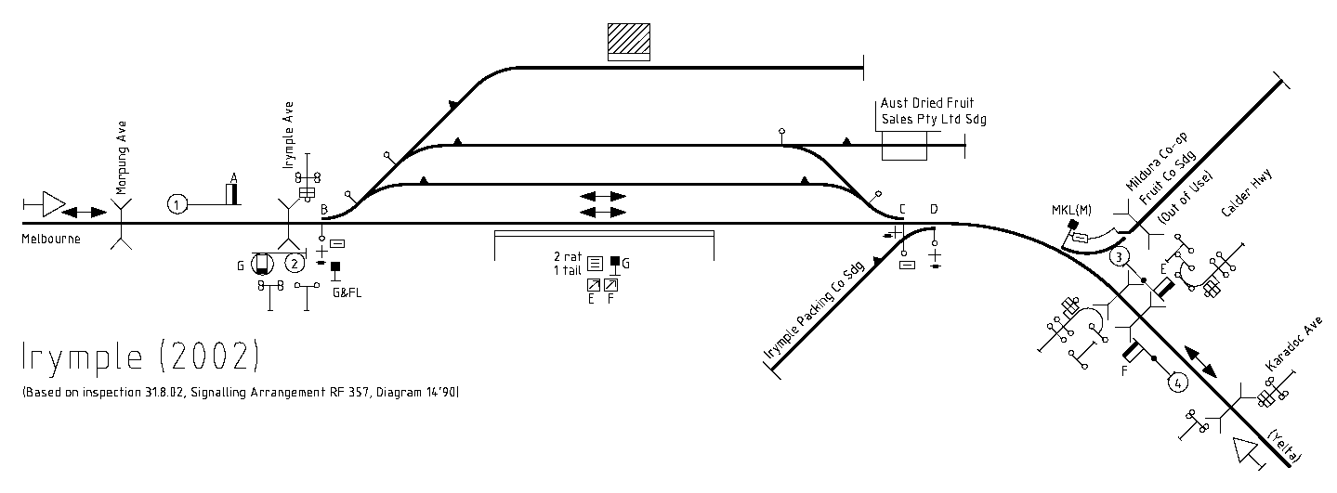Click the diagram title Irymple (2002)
[141, 357]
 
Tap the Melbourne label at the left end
[51, 239]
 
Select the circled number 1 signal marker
[177, 204]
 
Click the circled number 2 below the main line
[295, 263]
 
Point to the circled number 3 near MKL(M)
[1120, 257]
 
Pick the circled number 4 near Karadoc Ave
[1177, 383]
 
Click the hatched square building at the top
[628, 42]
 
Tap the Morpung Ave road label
[122, 158]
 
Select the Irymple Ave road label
[289, 135]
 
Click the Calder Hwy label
[1246, 193]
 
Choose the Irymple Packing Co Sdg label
[815, 311]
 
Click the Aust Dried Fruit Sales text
[934, 110]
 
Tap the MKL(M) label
[1071, 210]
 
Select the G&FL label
[347, 292]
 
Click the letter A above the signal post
[234, 177]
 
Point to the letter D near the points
[934, 209]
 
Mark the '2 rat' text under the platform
[568, 256]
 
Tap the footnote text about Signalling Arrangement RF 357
[242, 392]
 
